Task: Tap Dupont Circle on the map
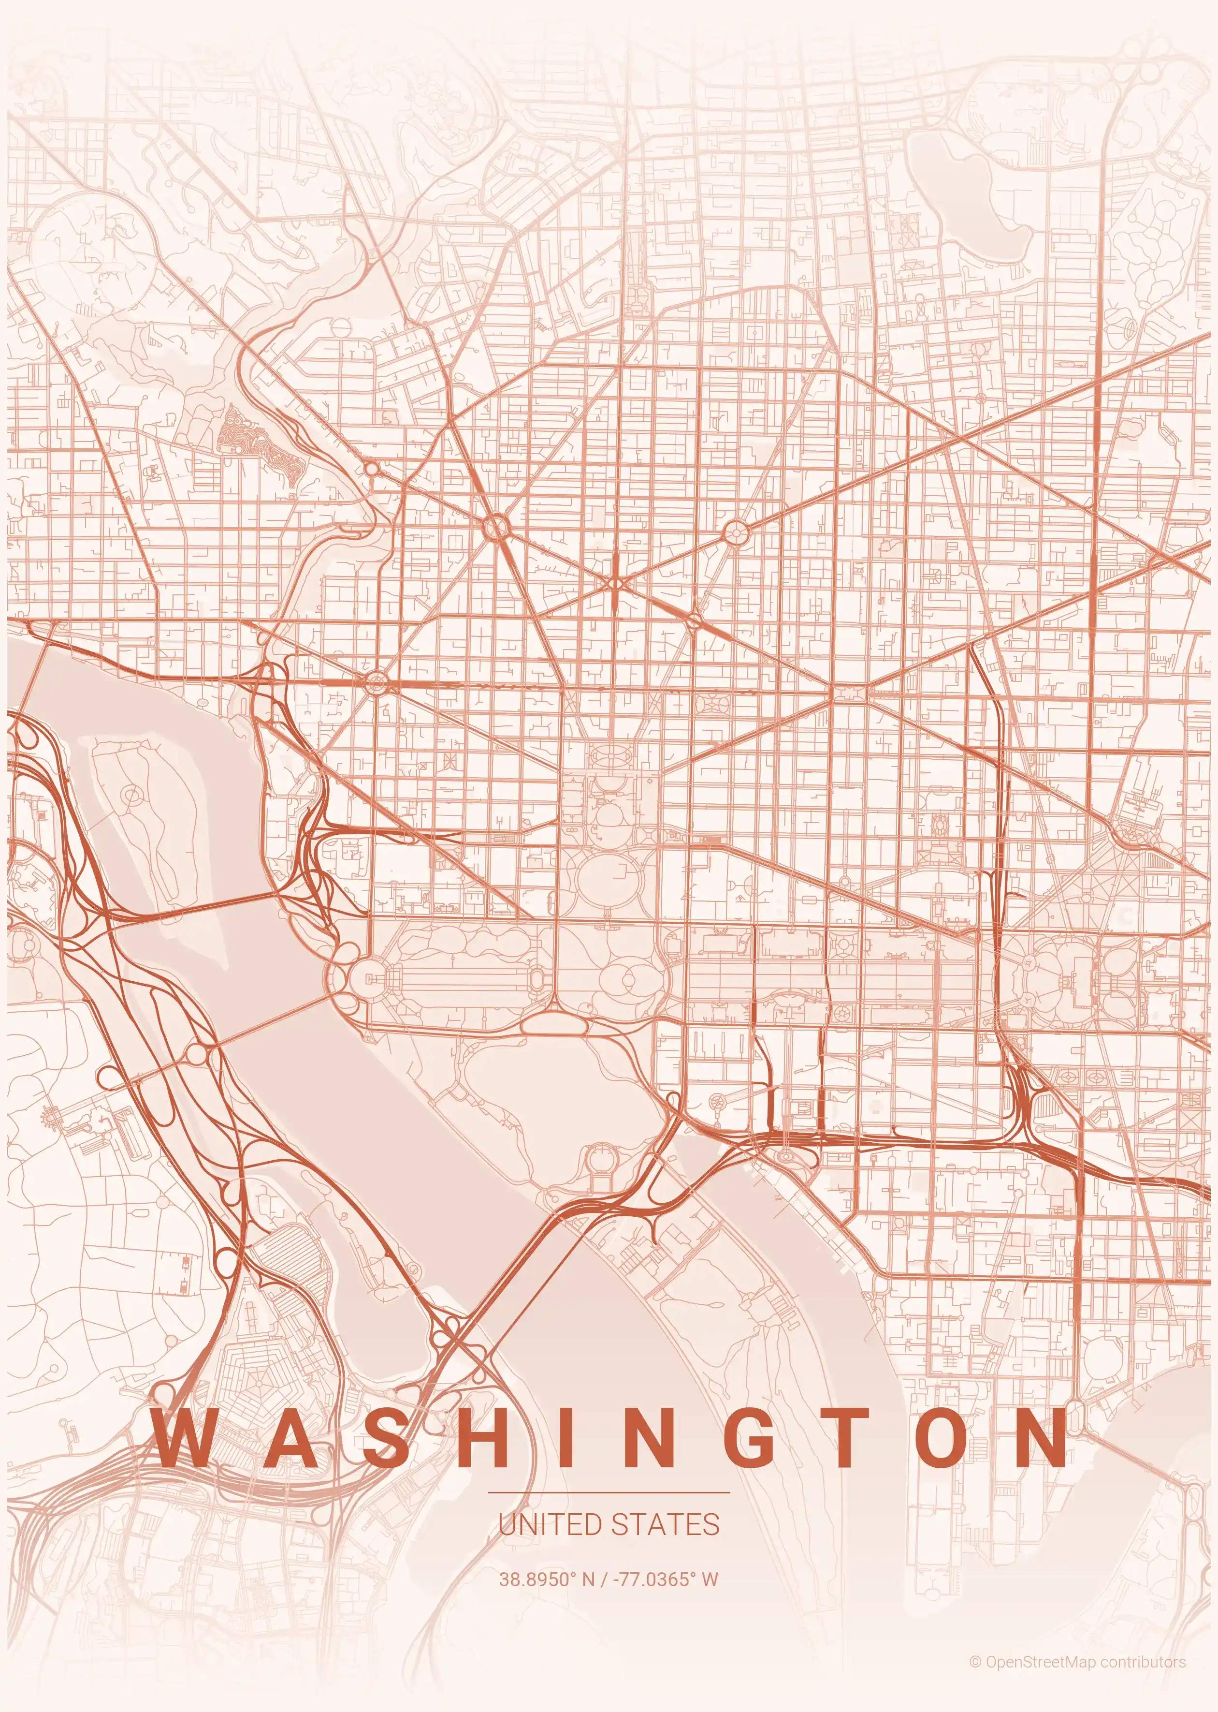496,528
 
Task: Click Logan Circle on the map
736,532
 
